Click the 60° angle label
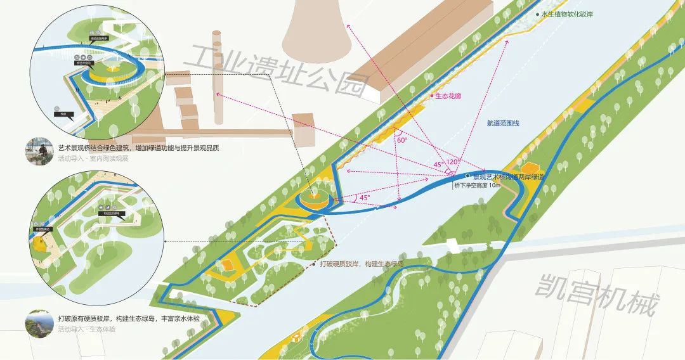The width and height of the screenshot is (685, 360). coord(401,139)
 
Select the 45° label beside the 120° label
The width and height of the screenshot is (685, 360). coord(439,165)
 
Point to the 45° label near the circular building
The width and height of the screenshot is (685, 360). coord(364,198)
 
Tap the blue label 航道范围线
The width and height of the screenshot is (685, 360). coord(503,123)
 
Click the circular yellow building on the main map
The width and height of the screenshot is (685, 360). coord(315,199)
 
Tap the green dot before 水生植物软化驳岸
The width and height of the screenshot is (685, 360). coord(537,14)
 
